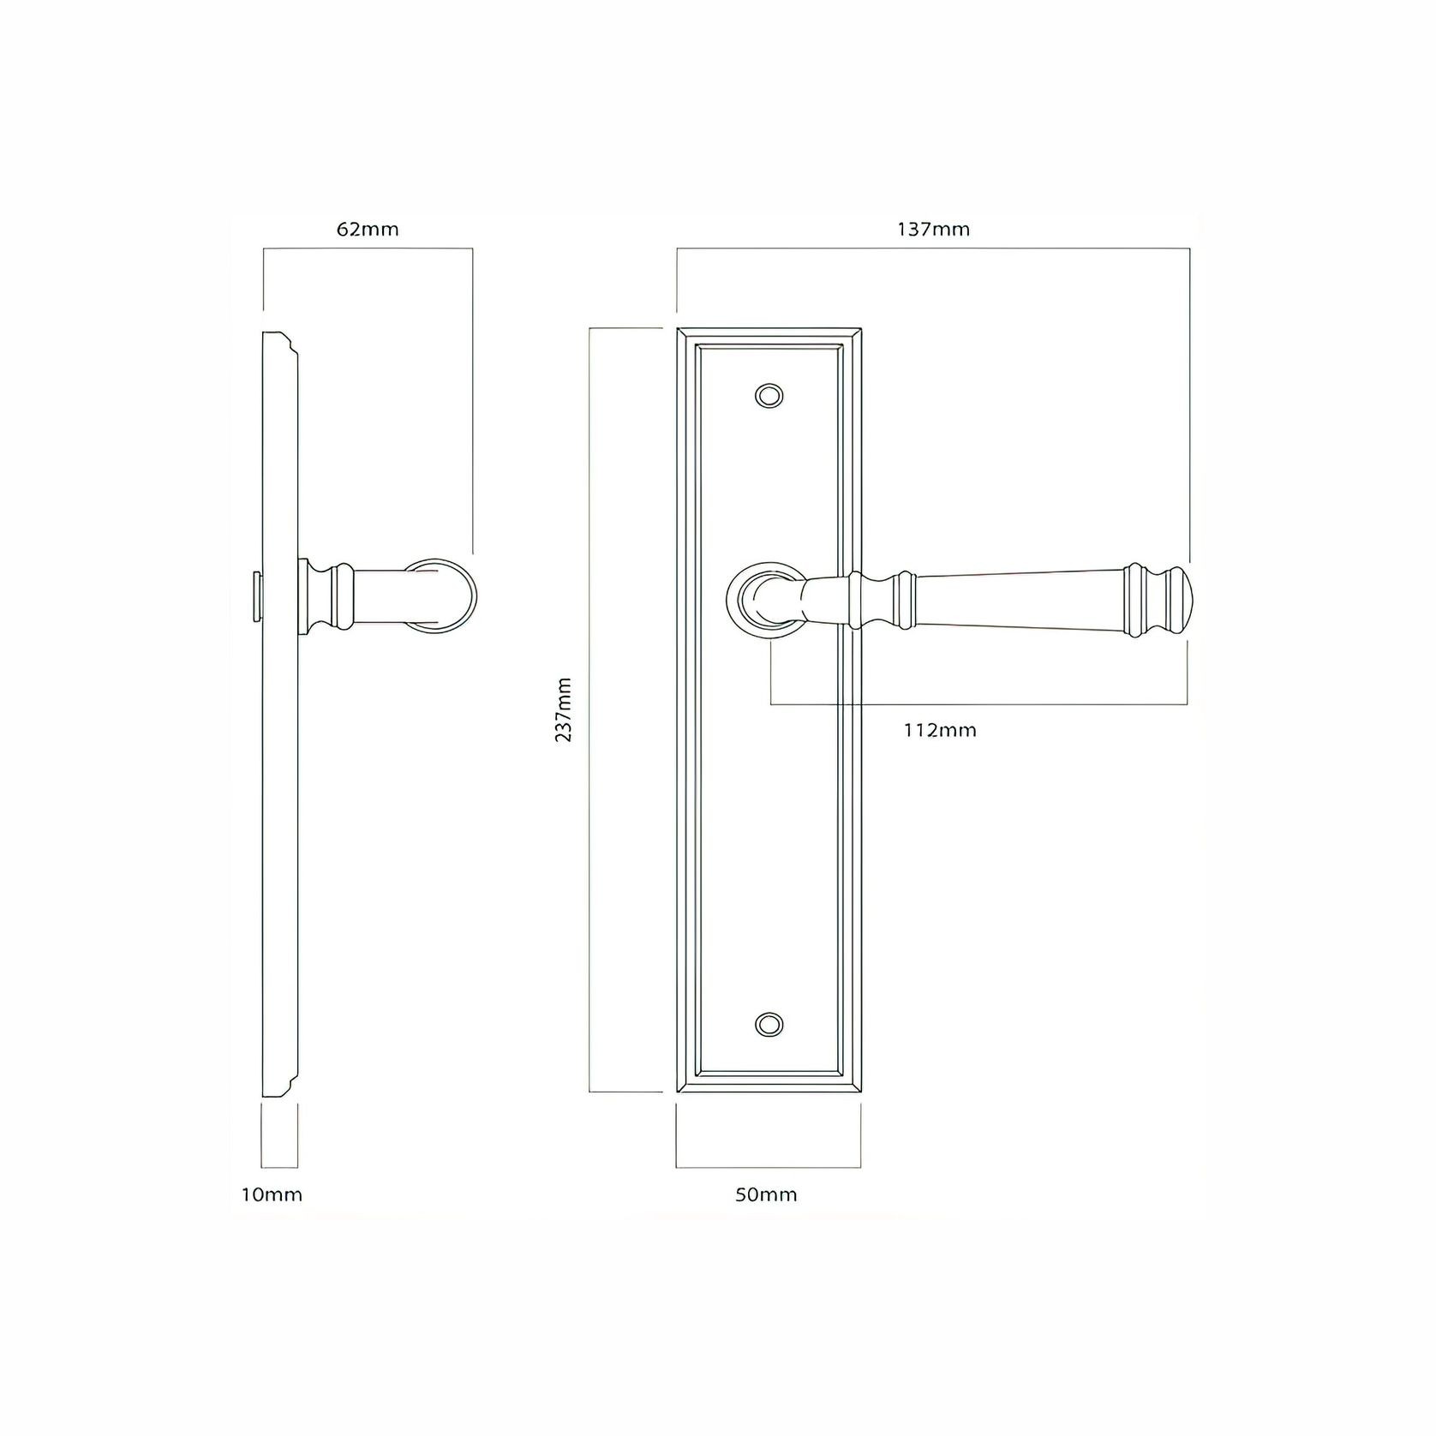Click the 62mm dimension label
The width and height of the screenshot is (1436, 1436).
pos(368,230)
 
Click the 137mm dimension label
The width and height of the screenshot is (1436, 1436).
pos(933,230)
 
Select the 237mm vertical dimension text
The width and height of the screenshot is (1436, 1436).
pos(564,709)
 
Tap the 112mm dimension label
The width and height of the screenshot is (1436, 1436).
pos(940,730)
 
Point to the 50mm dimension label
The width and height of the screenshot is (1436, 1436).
pos(766,1194)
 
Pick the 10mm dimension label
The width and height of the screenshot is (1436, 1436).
pos(272,1194)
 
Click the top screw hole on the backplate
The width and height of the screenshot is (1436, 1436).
pos(769,396)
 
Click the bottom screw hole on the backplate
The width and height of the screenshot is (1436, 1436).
pos(769,1024)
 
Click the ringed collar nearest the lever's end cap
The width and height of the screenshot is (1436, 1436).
pos(1136,600)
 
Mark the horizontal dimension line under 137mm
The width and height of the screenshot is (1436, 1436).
pos(933,248)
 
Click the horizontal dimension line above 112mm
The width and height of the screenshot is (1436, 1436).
pos(977,704)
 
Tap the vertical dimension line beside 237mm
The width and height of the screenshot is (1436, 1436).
pos(590,709)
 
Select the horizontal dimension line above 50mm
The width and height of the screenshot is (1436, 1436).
pos(768,1167)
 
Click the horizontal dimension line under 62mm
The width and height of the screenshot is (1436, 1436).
pos(368,248)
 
